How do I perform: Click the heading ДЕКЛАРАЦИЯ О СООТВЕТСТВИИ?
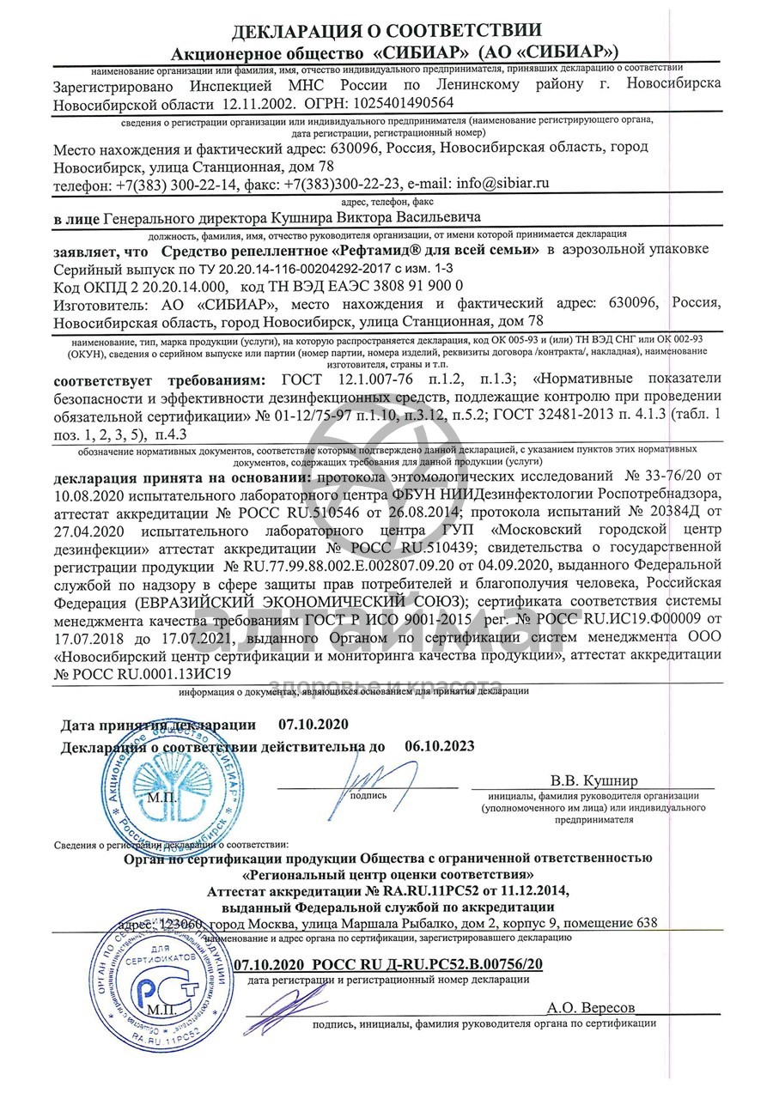pyautogui.click(x=386, y=32)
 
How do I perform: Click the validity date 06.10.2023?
pyautogui.click(x=439, y=746)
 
